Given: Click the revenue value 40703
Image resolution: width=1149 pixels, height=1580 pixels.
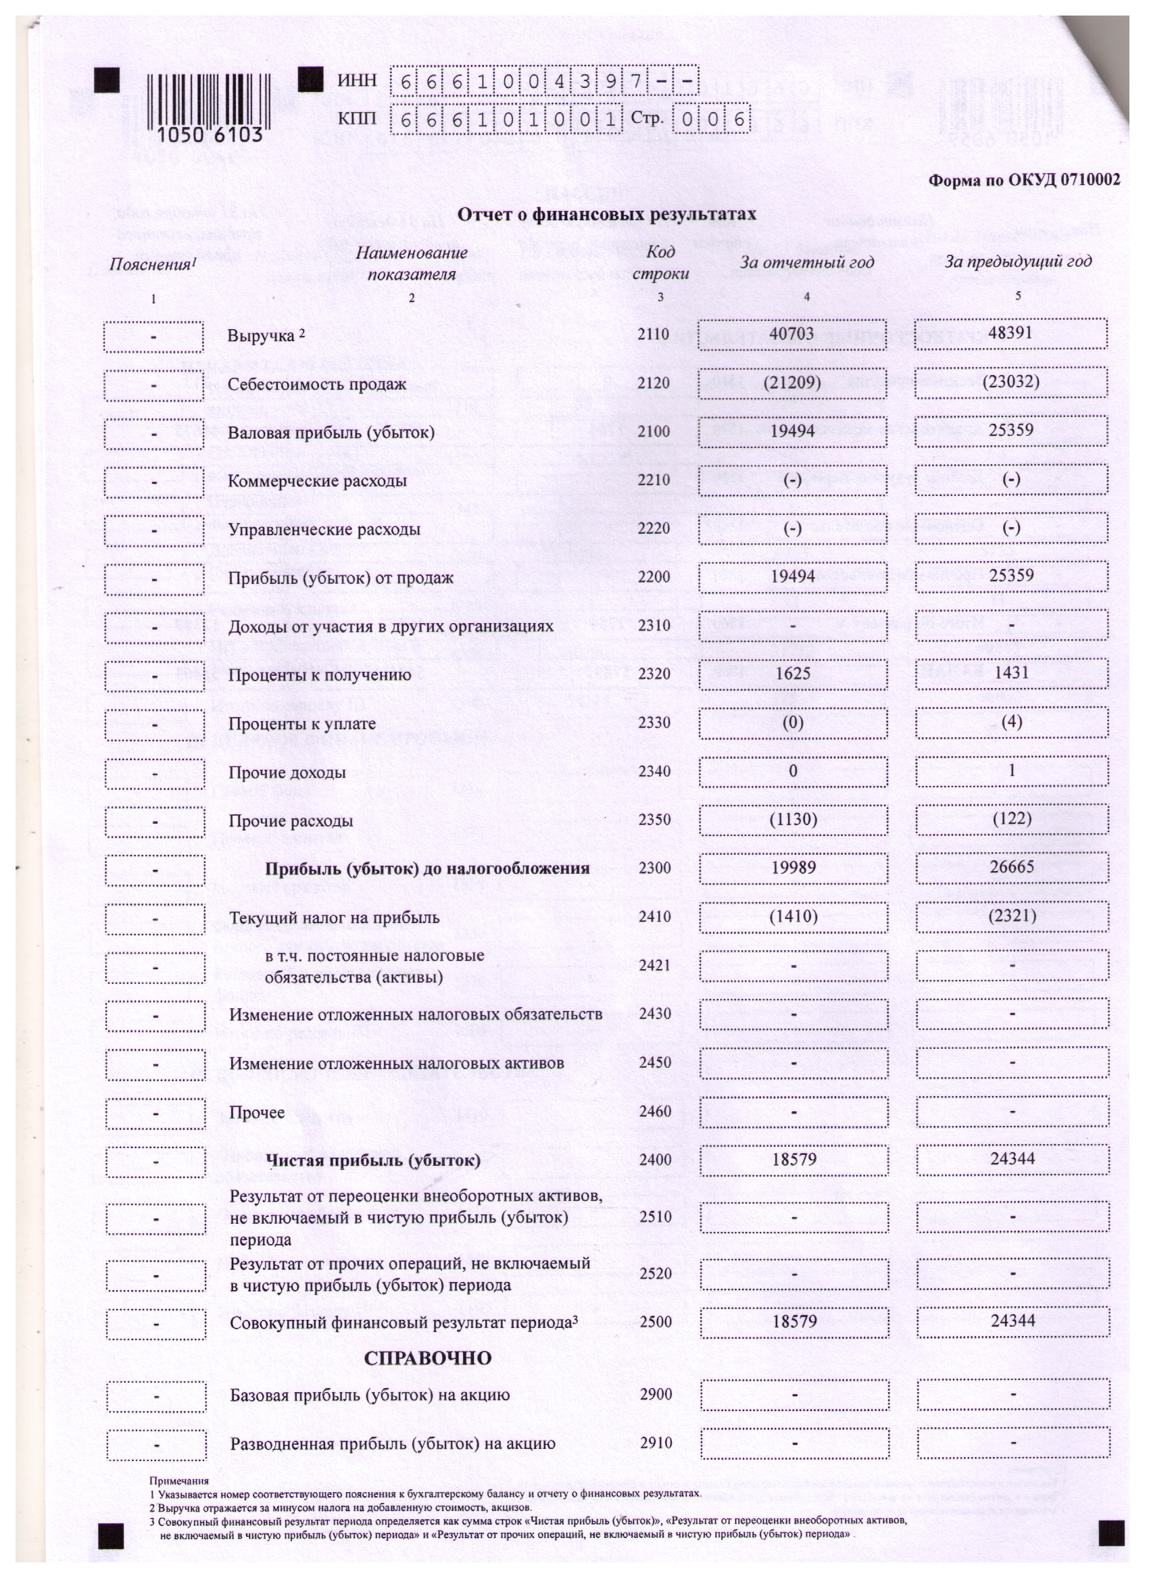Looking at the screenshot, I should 791,334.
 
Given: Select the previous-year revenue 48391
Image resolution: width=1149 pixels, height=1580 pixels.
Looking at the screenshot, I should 1010,332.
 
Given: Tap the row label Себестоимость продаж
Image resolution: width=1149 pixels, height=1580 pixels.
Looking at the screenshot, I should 317,384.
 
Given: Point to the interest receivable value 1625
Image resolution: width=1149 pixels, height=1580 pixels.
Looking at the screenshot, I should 792,674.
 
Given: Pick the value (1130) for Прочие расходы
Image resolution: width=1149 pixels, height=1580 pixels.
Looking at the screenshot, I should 793,818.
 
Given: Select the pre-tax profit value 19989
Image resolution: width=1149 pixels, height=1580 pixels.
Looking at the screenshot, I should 793,867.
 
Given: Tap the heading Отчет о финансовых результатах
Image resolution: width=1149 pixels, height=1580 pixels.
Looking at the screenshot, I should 606,215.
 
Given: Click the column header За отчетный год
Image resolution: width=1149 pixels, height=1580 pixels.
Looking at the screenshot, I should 806,263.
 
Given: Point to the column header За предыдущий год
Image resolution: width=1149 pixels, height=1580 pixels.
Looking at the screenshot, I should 1017,262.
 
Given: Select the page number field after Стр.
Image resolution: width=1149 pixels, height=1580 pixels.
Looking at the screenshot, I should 712,120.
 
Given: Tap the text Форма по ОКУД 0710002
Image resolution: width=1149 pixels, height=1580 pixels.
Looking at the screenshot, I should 1023,180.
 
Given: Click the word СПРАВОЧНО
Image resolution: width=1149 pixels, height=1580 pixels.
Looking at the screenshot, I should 427,1358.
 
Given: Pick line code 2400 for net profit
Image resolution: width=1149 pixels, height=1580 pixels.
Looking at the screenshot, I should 655,1159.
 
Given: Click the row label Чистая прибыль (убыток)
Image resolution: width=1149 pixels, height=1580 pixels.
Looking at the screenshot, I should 373,1160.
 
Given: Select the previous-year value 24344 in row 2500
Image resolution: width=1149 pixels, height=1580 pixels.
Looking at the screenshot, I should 1012,1320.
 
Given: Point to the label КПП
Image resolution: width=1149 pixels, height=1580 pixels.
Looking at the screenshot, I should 357,119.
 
